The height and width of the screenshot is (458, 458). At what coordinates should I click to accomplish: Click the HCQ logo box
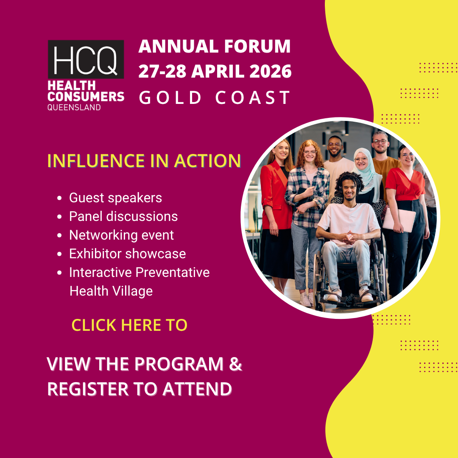click(86, 59)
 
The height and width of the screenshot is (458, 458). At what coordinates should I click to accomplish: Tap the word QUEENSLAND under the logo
click(74, 107)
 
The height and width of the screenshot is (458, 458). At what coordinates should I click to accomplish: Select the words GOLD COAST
click(215, 98)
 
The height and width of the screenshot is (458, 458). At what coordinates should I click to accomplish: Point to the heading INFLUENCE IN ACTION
click(144, 161)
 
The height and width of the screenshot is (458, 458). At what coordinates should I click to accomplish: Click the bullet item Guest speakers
click(115, 198)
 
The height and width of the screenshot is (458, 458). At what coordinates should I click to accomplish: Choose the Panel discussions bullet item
click(123, 216)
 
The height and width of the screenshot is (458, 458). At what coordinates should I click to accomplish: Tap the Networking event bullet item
click(122, 235)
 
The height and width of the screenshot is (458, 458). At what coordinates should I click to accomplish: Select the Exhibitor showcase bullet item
click(127, 254)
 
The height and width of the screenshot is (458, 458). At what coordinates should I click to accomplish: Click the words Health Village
click(111, 291)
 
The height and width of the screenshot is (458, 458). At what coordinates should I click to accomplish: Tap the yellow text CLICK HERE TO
click(129, 325)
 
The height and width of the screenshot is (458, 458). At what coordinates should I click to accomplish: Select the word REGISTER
click(88, 389)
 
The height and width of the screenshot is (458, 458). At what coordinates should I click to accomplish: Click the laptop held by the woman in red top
click(399, 219)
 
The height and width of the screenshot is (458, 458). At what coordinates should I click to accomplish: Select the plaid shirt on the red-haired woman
click(307, 195)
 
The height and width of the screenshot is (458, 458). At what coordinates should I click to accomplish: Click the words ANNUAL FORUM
click(215, 46)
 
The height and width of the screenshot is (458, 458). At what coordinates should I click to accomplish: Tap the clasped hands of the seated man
click(349, 238)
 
